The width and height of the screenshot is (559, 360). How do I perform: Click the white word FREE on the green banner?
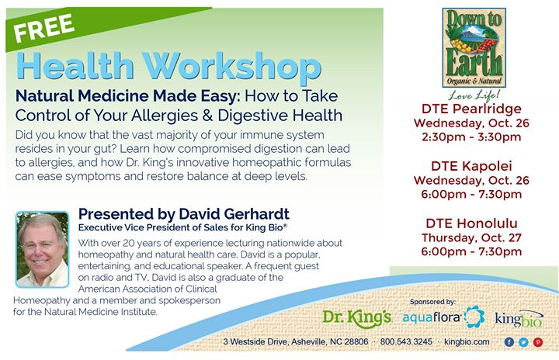pyautogui.click(x=43, y=27)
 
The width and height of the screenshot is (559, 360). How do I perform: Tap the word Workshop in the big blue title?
pyautogui.click(x=232, y=67)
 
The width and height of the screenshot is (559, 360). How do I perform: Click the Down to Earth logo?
pyautogui.click(x=474, y=48)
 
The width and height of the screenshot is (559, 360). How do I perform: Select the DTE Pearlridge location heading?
pyautogui.click(x=471, y=109)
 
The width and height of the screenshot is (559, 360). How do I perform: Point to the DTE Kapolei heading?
pyautogui.click(x=471, y=166)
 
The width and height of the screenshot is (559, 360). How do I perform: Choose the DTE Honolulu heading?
pyautogui.click(x=471, y=223)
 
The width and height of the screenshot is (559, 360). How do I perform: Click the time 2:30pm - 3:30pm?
pyautogui.click(x=471, y=137)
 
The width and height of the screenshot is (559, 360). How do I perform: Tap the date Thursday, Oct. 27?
pyautogui.click(x=471, y=237)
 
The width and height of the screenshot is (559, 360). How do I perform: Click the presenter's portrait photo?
pyautogui.click(x=42, y=250)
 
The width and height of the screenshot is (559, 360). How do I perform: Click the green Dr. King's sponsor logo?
pyautogui.click(x=357, y=317)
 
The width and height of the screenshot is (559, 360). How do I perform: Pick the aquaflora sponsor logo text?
pyautogui.click(x=432, y=317)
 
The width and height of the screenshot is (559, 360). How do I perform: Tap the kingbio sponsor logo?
pyautogui.click(x=519, y=318)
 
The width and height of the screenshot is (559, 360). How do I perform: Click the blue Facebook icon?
pyautogui.click(x=509, y=342)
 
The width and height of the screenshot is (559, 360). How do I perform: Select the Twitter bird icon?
pyautogui.click(x=523, y=342)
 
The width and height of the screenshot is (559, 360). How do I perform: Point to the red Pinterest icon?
pyautogui.click(x=538, y=342)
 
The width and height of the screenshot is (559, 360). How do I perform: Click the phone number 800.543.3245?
pyautogui.click(x=406, y=341)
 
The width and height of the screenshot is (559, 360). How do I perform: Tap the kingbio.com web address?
pyautogui.click(x=467, y=341)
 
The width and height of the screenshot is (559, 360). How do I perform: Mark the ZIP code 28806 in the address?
pyautogui.click(x=356, y=341)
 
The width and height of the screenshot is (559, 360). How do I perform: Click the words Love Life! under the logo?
pyautogui.click(x=474, y=95)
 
